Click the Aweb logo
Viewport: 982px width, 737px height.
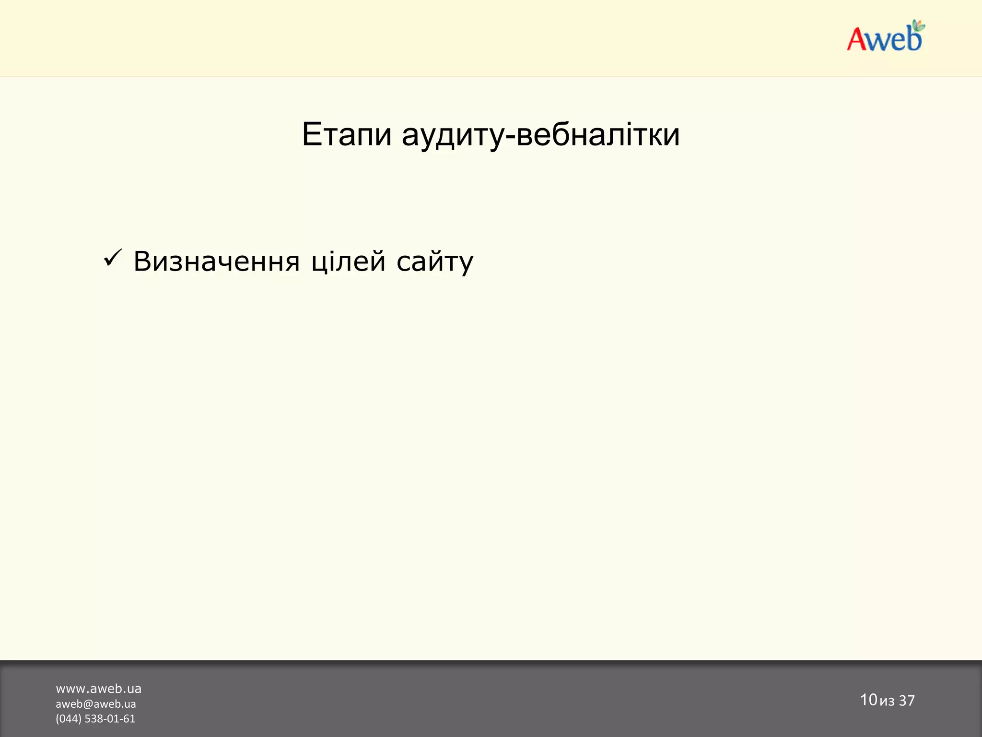tap(885, 37)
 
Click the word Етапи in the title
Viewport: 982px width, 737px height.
tap(347, 135)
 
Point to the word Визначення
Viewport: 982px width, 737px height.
tap(216, 262)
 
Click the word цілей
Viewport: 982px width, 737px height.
tap(348, 262)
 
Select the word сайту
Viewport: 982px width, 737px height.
tap(435, 262)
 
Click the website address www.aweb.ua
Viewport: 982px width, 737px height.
tap(99, 689)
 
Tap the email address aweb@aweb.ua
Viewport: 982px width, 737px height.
tap(96, 704)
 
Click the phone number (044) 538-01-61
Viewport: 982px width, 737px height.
tap(95, 719)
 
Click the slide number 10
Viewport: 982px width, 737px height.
tap(868, 700)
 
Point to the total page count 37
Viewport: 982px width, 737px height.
tap(907, 701)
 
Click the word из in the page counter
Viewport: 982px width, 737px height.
tap(887, 701)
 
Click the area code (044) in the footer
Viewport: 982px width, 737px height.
tap(69, 719)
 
